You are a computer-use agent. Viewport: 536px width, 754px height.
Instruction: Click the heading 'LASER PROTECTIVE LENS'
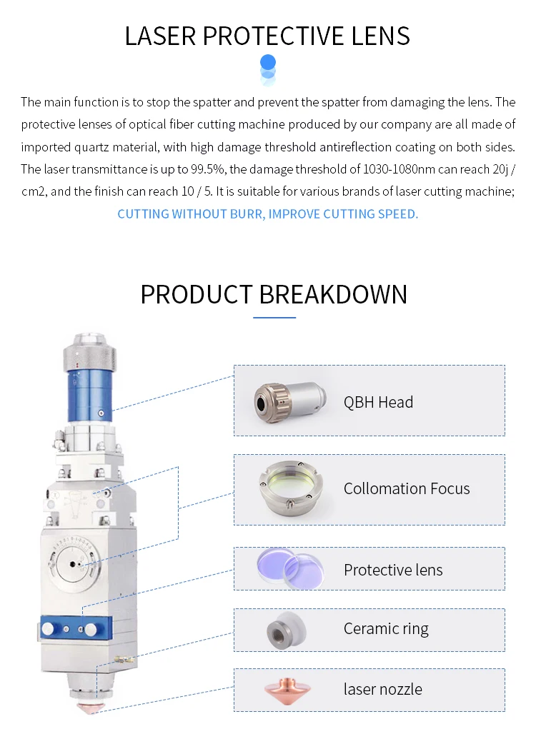click(x=267, y=36)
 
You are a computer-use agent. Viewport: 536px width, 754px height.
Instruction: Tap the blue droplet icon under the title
click(x=268, y=68)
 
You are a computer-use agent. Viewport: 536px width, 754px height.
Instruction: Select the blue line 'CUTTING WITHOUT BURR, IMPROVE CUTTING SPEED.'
click(x=268, y=213)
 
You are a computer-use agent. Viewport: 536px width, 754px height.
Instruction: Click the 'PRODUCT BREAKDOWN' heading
click(x=274, y=294)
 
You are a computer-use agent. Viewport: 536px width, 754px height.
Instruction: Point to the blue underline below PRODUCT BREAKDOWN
click(x=274, y=317)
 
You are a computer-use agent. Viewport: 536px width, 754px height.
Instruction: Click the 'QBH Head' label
click(x=378, y=402)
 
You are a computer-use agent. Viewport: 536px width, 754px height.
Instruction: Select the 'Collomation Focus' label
click(x=407, y=489)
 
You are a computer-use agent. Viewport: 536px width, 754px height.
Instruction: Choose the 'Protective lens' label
click(x=393, y=570)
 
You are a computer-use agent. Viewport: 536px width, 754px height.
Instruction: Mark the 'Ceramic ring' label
click(x=386, y=629)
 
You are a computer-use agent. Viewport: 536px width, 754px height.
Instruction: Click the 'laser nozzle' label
click(x=382, y=689)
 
